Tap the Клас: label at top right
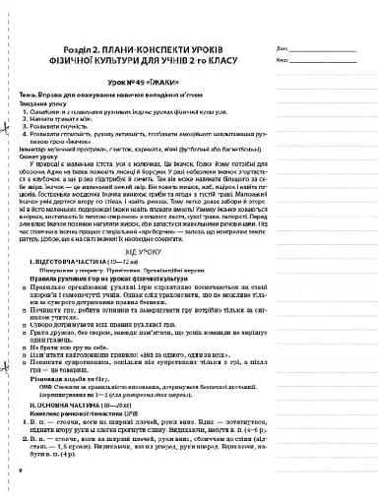[x=284, y=60]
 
